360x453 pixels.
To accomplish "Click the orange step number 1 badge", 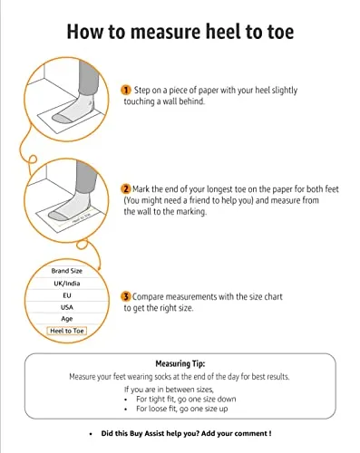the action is (126, 90).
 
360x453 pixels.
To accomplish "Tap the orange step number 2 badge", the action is (126, 189).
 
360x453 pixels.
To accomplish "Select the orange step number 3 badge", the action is (126, 296).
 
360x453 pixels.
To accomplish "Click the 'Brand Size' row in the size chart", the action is (67, 271).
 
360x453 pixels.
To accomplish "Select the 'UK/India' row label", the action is (67, 284).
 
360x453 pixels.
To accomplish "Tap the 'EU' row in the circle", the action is (67, 295).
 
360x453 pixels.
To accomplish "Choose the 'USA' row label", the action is (67, 307).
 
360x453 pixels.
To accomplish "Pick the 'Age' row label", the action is (67, 319).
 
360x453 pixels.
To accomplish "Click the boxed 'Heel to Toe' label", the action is (67, 331).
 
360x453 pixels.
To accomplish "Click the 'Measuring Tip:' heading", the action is (180, 363).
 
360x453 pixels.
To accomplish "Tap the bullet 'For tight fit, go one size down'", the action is (186, 399).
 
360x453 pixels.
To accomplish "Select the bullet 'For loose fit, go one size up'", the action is (182, 409).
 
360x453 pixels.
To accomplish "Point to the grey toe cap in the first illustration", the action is (62, 119).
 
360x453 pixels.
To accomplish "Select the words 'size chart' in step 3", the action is (266, 296).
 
